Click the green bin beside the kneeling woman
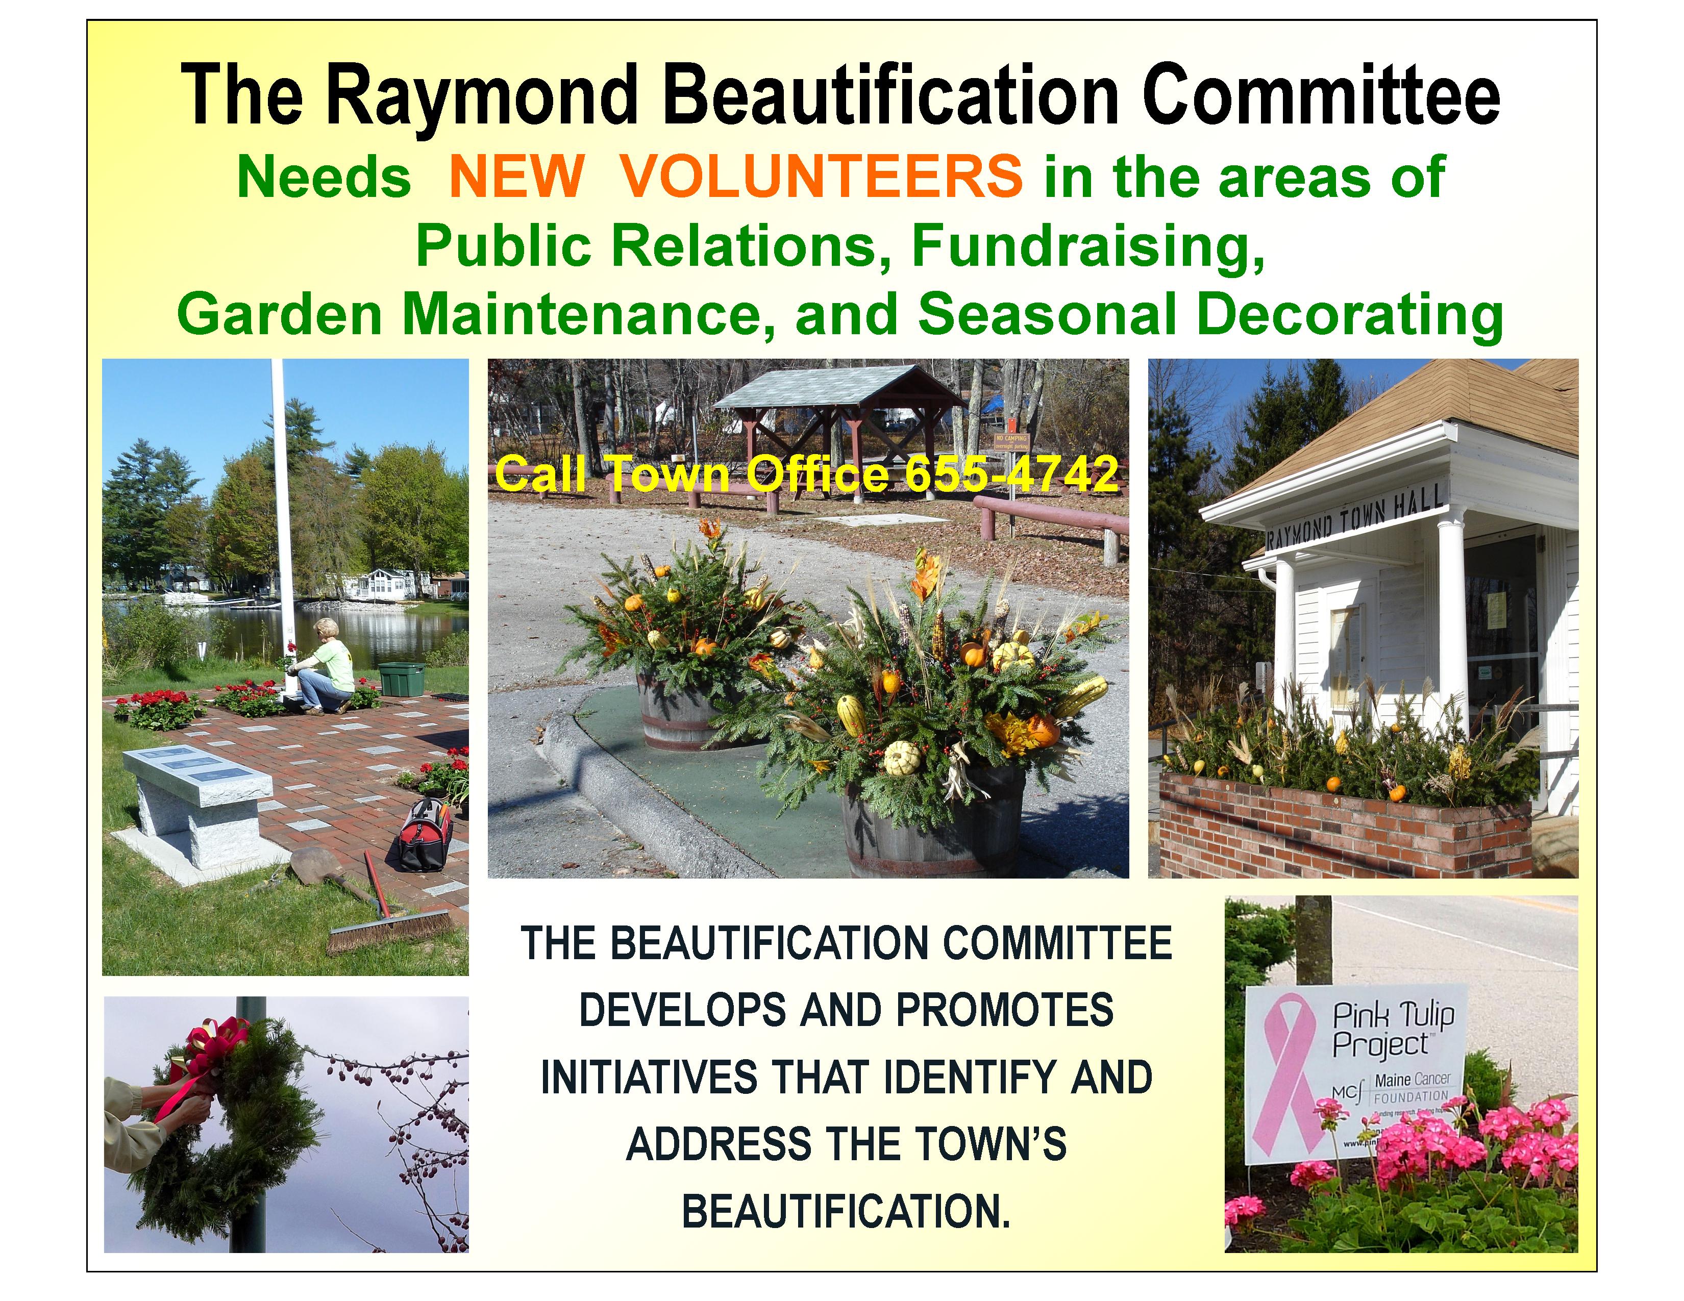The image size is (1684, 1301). [x=401, y=678]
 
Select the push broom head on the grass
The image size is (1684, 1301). [x=389, y=933]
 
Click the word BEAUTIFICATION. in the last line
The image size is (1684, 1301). [x=846, y=1212]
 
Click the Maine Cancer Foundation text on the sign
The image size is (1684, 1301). [x=1411, y=1087]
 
